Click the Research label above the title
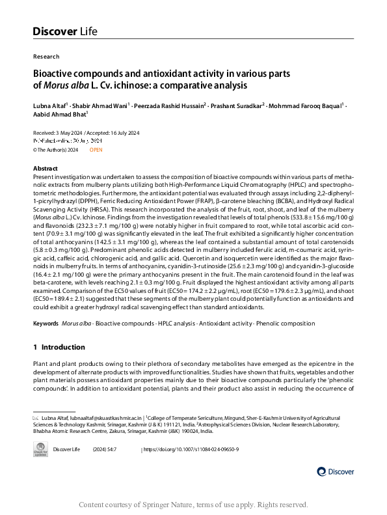(46, 57)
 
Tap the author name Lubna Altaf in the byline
(49, 104)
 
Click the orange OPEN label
(96, 150)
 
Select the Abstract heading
(45, 168)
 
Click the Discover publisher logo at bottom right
(336, 471)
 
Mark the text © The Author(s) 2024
(55, 150)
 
